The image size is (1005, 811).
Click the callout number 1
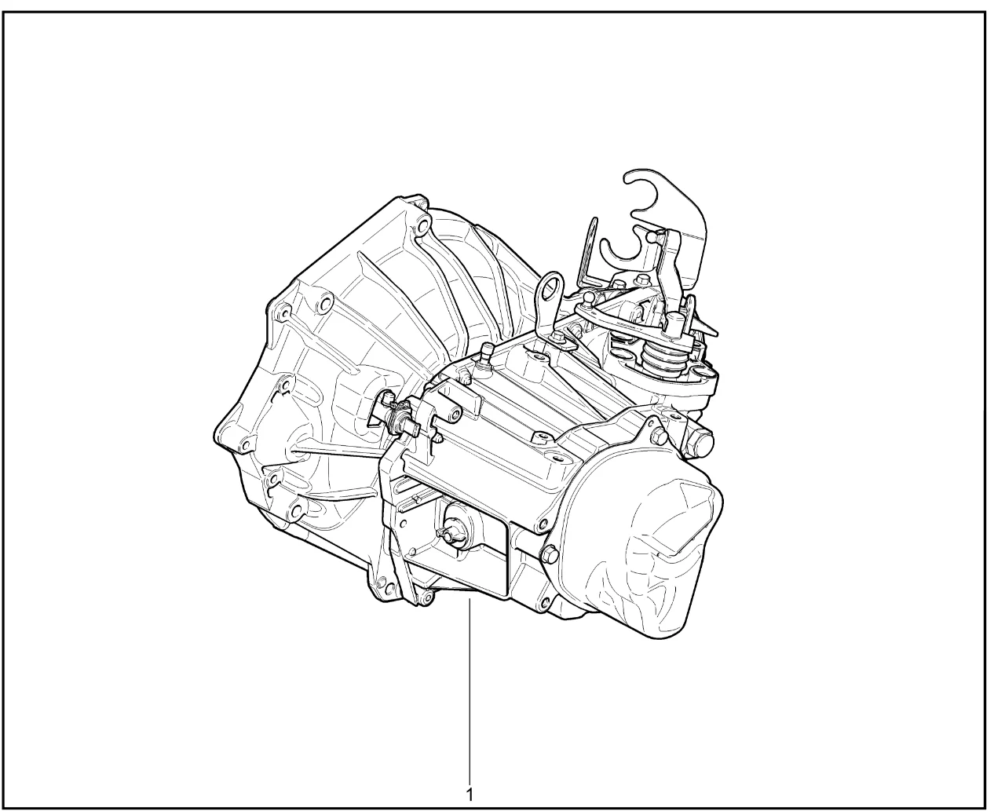tap(469, 795)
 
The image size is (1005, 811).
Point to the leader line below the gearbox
tap(470, 691)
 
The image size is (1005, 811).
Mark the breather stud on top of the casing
tap(487, 356)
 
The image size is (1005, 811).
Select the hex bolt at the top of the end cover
tap(659, 434)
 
